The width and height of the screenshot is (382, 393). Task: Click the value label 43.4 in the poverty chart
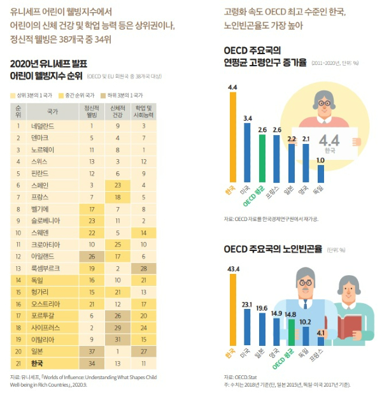point(233,270)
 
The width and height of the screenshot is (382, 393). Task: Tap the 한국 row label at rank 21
point(38,363)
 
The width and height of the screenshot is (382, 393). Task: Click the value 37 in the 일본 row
point(92,351)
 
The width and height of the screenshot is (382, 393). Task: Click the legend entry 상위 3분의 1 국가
point(32,94)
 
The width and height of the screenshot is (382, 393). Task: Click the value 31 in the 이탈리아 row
point(118,339)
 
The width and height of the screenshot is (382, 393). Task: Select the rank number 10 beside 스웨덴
point(18,232)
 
